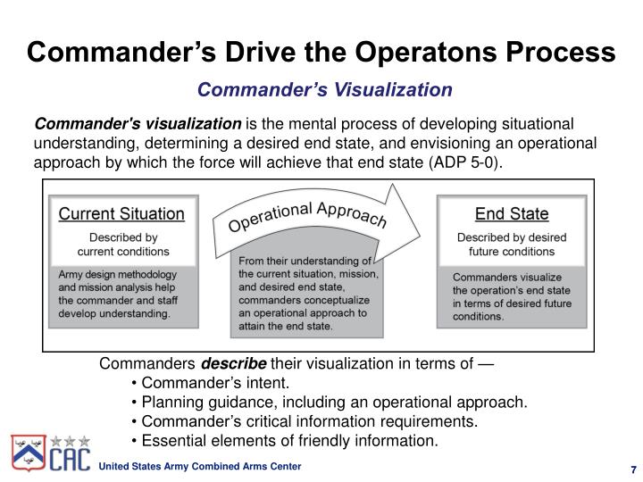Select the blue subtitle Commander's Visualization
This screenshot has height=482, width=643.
coord(325,89)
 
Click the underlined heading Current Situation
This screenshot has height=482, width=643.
coord(121,214)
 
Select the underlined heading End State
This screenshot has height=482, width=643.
coord(512,214)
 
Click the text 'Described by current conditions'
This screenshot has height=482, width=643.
coord(122,245)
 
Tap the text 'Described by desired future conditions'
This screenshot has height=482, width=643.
coord(512,245)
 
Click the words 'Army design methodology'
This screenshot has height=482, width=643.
coord(104,274)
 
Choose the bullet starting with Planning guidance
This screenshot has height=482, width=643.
coord(329,403)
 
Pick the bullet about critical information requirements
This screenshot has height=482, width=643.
coord(304,421)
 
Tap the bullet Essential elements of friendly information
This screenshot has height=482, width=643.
coord(284,440)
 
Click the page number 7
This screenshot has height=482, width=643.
coord(631,470)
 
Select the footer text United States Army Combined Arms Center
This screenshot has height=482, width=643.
coord(199,468)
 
